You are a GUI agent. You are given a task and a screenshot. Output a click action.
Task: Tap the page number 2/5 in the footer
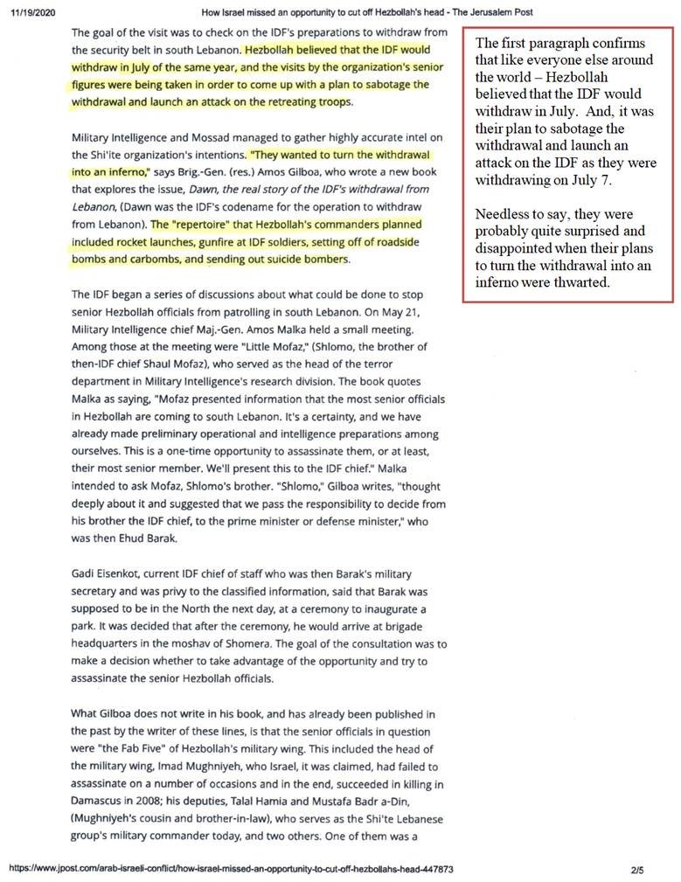[x=636, y=871]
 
